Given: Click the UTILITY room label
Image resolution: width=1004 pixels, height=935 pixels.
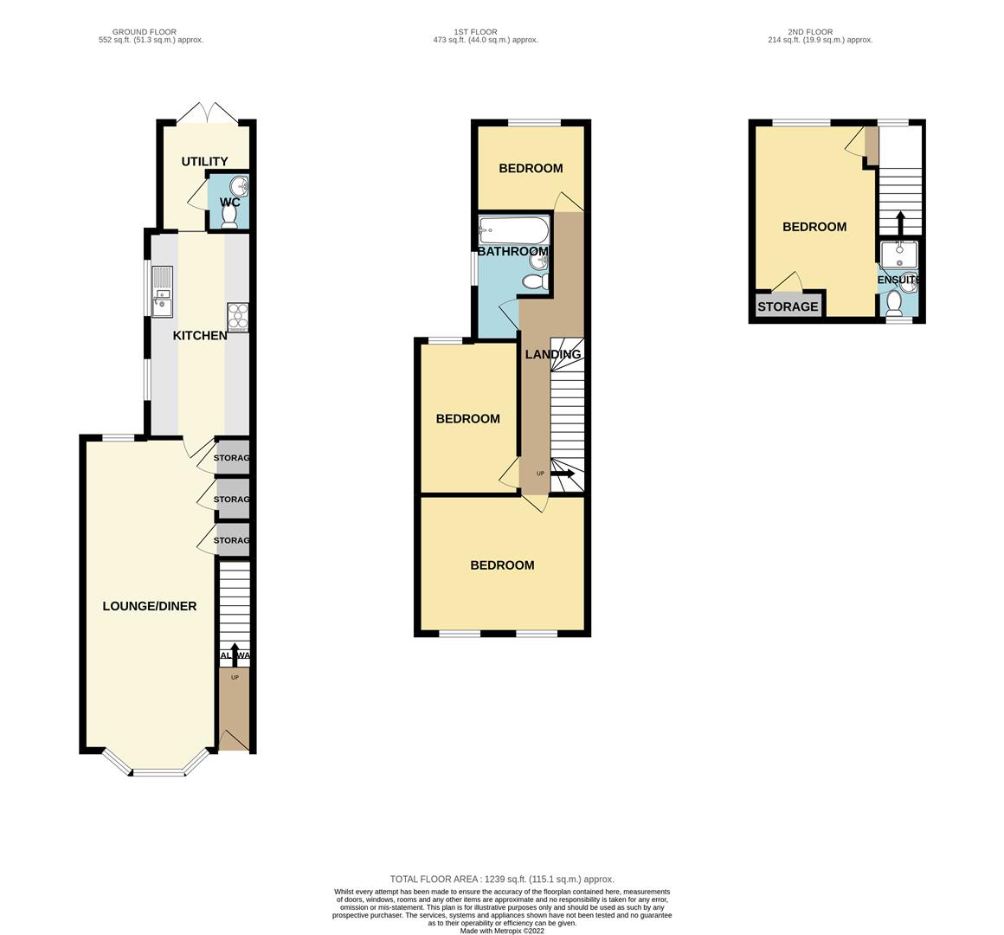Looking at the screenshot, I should coord(204,162).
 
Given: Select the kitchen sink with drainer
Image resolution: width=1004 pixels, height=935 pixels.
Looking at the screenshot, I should coord(162,292).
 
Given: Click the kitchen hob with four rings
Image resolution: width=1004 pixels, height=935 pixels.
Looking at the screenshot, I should coord(237,317).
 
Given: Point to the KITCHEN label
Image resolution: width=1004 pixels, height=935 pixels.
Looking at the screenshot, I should coord(200,336).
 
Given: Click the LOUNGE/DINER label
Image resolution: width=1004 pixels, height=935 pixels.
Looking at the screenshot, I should coord(150,606).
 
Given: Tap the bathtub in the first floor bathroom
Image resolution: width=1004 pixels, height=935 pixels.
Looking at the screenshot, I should coord(513,230).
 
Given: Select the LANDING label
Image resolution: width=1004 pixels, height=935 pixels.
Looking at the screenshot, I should coord(553,354).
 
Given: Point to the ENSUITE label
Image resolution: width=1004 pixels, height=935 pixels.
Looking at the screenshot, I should coord(898,280).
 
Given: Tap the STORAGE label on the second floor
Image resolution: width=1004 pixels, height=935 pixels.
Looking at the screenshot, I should coord(788,306).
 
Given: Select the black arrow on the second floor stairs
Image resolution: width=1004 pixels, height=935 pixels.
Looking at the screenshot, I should coord(899,222).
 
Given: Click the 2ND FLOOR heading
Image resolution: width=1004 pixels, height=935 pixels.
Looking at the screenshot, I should coord(812,32).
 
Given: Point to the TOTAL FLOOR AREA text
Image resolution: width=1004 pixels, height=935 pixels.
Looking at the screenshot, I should coord(502,879).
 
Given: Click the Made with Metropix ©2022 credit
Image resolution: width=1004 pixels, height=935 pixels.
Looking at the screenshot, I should coord(502,931).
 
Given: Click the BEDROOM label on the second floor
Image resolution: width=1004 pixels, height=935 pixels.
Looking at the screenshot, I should coord(814,227).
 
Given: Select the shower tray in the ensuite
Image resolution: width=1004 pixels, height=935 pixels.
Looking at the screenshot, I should coord(899,255).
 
